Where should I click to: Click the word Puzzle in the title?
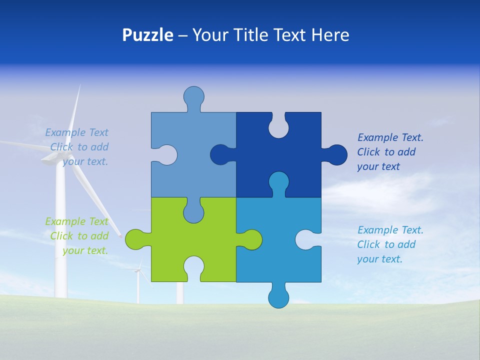pos(148,35)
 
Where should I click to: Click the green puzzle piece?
pos(165,240)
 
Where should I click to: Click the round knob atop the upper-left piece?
pos(193,96)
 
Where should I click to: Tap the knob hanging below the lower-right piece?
pos(278,297)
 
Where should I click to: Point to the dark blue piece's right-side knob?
pos(337,154)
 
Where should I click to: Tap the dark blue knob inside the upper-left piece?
pos(220,154)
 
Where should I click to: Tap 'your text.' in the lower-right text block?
pos(379,259)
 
